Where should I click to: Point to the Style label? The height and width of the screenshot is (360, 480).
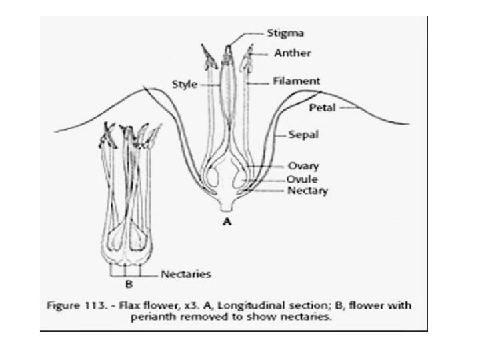point(185,85)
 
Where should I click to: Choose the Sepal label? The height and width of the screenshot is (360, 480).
point(303,134)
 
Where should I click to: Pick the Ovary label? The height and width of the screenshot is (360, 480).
point(303,166)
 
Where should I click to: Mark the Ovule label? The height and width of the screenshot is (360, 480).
point(302,179)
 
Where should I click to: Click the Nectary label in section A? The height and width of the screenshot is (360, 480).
point(307,190)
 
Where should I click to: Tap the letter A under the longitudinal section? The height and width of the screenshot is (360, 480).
point(227,223)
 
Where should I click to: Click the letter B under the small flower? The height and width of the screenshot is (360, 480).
point(129,284)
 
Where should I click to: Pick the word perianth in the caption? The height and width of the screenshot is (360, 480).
point(157,317)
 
